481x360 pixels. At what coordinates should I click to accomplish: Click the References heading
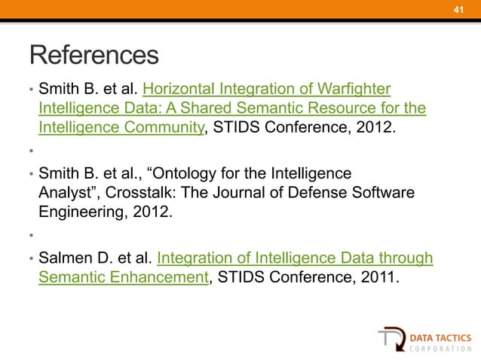point(94,55)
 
